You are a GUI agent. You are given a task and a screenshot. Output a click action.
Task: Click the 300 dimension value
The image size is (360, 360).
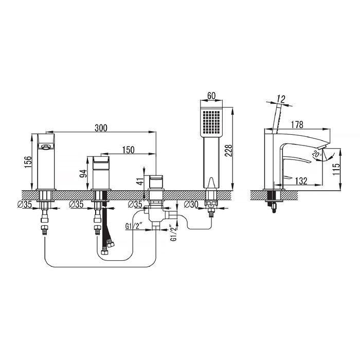[x=101, y=128]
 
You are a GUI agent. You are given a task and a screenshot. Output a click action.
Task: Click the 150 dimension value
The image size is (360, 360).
[x=129, y=150]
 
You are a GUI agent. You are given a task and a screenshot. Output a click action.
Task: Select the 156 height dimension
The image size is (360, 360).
[x=28, y=162]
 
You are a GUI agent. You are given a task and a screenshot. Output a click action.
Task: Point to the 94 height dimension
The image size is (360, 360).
[x=83, y=174]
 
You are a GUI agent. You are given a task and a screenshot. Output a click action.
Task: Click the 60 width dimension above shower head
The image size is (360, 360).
[x=211, y=96]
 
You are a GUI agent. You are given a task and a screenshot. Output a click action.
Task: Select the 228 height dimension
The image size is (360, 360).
[x=228, y=151]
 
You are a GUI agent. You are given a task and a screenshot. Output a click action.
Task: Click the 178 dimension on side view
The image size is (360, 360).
[x=297, y=124]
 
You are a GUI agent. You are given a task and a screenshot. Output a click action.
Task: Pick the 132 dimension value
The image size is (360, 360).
[x=301, y=181]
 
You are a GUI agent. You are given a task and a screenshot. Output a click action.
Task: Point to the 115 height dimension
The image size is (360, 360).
[x=336, y=169]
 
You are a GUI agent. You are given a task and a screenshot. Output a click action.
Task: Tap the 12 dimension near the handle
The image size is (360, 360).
[x=281, y=99]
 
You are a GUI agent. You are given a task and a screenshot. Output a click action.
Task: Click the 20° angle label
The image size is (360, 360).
[x=317, y=155]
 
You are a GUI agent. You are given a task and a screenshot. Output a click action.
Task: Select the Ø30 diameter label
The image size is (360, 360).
[x=191, y=204]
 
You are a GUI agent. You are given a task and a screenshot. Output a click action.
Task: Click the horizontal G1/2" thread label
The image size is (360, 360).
[x=134, y=226]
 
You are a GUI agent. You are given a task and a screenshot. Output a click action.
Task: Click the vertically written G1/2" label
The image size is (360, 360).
[x=174, y=233]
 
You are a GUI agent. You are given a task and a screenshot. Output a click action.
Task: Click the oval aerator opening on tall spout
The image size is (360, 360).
[x=46, y=146]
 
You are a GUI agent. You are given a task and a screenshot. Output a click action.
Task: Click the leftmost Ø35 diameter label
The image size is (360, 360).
[x=25, y=204]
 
